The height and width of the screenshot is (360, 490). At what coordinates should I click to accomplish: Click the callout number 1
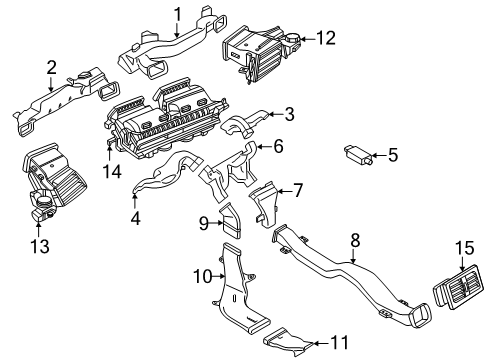178,15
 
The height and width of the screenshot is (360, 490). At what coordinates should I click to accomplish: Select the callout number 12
326,38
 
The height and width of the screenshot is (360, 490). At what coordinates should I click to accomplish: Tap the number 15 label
465,248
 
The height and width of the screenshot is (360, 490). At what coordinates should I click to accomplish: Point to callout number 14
112,172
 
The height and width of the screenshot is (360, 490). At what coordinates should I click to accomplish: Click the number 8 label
356,240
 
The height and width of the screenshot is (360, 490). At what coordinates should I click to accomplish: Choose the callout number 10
203,276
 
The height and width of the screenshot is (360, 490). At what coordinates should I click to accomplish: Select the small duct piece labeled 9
231,221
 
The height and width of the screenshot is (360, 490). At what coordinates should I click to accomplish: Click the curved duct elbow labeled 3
245,123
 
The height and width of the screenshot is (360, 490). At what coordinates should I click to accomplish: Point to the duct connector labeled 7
264,204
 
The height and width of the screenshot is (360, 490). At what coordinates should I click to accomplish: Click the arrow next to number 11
321,343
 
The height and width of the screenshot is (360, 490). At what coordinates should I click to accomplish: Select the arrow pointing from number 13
38,228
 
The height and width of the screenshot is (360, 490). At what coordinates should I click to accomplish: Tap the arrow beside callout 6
265,146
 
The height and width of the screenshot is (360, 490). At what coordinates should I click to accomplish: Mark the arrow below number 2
51,84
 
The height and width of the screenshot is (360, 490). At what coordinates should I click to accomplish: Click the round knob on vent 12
293,39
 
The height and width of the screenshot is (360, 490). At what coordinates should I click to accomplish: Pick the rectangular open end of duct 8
420,315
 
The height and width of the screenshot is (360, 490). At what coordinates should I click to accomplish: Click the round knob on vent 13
44,201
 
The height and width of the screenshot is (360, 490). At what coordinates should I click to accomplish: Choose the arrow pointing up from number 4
135,201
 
